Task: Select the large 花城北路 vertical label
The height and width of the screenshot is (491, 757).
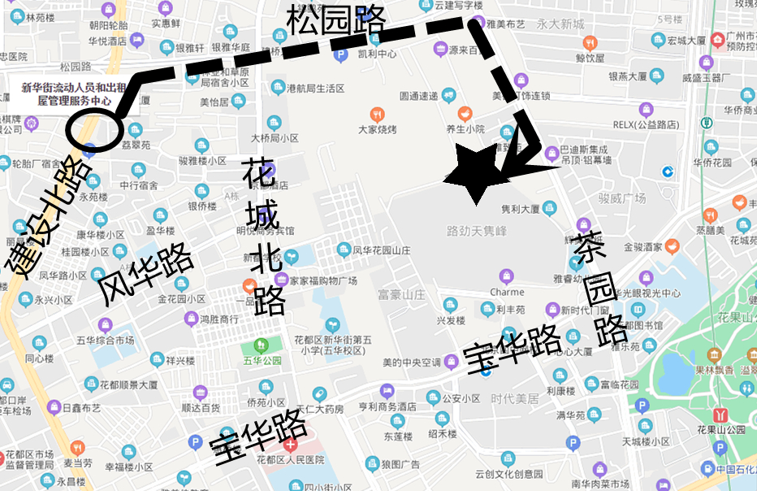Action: (x=264, y=236)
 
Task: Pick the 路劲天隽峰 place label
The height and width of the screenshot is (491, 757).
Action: (x=477, y=231)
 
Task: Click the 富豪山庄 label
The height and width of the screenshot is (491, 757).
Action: (x=401, y=294)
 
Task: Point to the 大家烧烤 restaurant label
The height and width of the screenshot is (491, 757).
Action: (x=377, y=129)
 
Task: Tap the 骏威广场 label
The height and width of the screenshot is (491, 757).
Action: (x=622, y=198)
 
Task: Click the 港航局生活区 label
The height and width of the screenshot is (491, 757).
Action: (x=316, y=88)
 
